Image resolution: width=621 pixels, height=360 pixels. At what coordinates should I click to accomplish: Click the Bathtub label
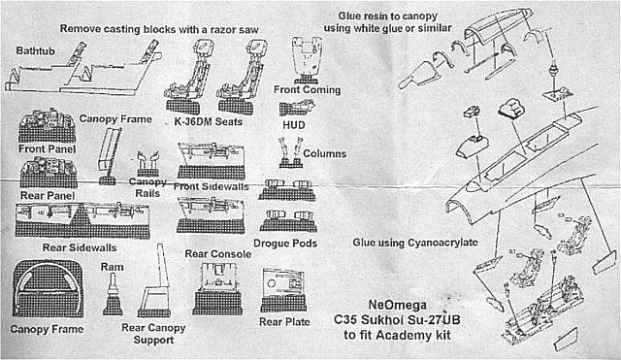(x=35, y=51)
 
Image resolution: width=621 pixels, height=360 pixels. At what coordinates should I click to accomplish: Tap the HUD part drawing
(x=297, y=108)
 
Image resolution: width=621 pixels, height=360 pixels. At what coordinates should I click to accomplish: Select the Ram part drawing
(x=113, y=295)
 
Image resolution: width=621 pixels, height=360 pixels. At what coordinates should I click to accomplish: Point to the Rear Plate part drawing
(x=283, y=290)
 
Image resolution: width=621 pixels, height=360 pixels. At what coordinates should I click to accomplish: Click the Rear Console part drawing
(x=217, y=288)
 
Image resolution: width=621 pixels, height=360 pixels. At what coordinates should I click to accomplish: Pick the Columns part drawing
(x=291, y=152)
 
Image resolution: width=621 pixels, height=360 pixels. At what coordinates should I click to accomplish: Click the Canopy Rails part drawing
(x=147, y=164)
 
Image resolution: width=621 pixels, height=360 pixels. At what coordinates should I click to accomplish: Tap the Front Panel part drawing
(x=48, y=125)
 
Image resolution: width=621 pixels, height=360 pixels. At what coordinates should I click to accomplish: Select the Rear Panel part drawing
(x=49, y=173)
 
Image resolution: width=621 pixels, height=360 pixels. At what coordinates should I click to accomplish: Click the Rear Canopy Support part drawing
(x=154, y=281)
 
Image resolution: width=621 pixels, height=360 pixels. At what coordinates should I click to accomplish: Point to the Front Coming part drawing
(x=307, y=60)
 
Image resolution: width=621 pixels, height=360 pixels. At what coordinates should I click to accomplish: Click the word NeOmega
(x=398, y=305)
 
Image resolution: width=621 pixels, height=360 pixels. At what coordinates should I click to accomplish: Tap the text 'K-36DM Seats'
(x=209, y=121)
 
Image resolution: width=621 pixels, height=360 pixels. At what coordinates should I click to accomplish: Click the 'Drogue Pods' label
(x=285, y=244)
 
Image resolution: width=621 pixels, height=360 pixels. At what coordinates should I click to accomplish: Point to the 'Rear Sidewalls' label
(x=80, y=247)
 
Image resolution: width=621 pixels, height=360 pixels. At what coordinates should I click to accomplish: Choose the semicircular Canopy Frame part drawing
(x=48, y=289)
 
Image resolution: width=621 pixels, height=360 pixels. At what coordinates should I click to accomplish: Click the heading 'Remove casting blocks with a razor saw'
(x=159, y=29)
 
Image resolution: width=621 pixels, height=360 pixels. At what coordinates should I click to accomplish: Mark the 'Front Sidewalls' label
(x=212, y=186)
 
